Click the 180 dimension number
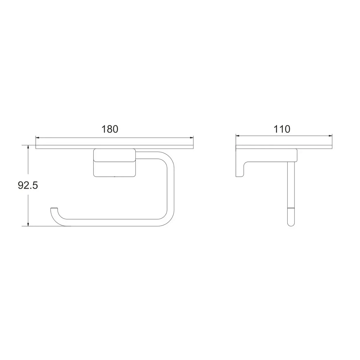click(110, 129)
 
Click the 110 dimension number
click(282, 129)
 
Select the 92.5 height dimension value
click(28, 185)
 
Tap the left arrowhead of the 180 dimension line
click(38, 138)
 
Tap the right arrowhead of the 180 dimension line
click(191, 138)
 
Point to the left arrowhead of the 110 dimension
click(238, 136)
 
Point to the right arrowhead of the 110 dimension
click(330, 136)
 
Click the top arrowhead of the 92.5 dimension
click(28, 147)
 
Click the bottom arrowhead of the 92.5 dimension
click(28, 224)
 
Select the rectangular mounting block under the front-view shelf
click(114, 163)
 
